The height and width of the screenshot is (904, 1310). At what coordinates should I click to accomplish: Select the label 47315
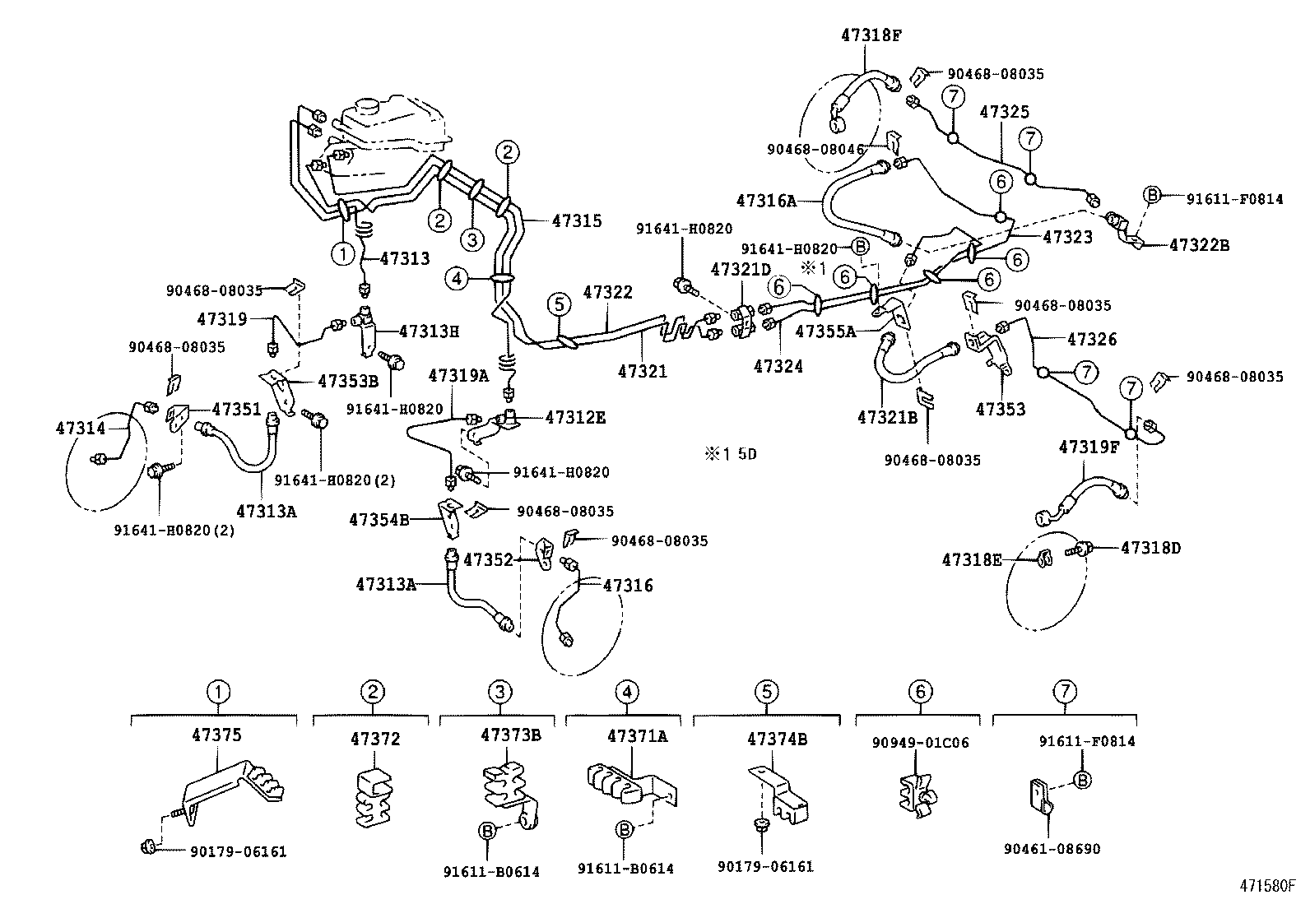coord(577,220)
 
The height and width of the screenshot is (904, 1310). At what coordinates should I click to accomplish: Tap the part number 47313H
coord(429,331)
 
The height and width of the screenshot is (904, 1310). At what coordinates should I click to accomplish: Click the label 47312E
coord(575,417)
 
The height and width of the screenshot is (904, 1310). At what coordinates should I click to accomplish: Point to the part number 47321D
coord(741,269)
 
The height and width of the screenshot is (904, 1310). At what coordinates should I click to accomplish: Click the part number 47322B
coord(1199,244)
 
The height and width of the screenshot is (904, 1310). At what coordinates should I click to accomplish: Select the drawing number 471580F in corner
coord(1268,886)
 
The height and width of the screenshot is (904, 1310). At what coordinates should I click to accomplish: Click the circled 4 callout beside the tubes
coord(457,279)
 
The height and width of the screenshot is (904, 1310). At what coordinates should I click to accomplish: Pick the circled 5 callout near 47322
coord(558,304)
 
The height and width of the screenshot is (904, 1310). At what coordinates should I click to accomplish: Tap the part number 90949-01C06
coord(920,743)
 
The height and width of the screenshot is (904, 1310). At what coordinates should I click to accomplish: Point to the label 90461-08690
coord(1052,849)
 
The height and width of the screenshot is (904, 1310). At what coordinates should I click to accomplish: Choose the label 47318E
coord(972,560)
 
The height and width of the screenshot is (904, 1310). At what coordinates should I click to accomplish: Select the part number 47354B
coord(379,519)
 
